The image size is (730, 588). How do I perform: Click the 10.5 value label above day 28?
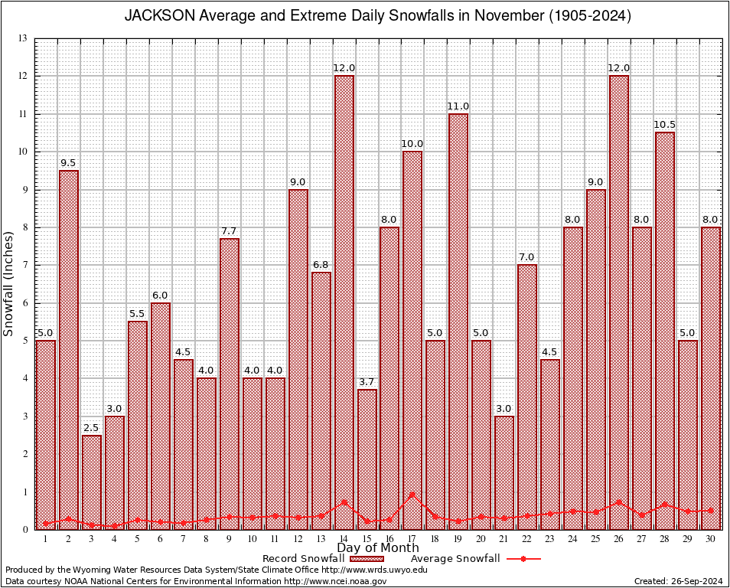click(x=665, y=125)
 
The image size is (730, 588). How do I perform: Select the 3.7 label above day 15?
click(x=367, y=382)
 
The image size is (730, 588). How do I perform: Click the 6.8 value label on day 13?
click(x=321, y=265)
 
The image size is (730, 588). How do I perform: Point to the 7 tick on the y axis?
click(x=24, y=265)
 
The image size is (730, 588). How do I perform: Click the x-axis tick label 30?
click(x=711, y=539)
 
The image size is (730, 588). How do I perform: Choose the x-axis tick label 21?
click(x=504, y=539)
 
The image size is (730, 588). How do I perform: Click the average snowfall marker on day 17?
click(x=412, y=495)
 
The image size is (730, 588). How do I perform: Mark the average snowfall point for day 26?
click(x=619, y=502)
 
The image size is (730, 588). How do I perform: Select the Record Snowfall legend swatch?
click(x=367, y=559)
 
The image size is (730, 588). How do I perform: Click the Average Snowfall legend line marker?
click(x=523, y=559)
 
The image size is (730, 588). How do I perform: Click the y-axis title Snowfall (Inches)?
click(x=9, y=285)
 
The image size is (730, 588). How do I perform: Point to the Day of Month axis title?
click(x=378, y=548)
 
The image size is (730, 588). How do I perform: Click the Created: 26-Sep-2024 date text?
click(x=678, y=582)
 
